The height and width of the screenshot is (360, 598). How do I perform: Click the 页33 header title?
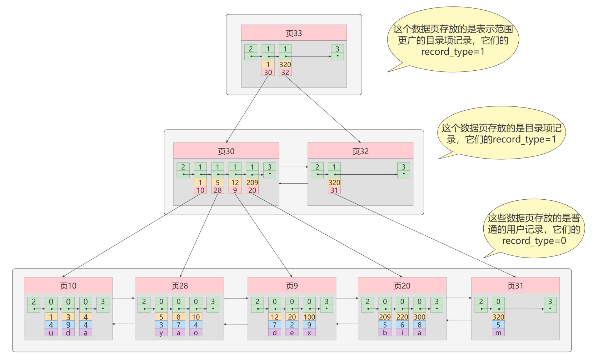294,33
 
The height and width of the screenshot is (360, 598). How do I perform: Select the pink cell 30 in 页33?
268,72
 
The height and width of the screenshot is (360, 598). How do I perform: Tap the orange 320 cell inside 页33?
285,64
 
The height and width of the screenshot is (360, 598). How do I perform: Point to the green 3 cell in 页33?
337,52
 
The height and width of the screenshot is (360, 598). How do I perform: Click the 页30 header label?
226,151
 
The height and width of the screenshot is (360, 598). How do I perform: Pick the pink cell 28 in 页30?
218,190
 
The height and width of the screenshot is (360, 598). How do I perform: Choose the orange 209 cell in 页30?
252,182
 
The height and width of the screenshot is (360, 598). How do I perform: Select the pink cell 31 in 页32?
334,190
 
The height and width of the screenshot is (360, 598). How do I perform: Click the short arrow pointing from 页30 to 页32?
293,167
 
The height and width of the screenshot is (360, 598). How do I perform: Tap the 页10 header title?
68,286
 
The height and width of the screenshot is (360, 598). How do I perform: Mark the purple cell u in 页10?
51,333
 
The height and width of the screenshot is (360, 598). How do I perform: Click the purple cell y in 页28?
161,333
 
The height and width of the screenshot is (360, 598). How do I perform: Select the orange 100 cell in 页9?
309,317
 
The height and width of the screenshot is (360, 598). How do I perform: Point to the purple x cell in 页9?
309,333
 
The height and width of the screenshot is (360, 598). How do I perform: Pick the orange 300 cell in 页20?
419,317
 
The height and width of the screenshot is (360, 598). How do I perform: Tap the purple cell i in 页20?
402,333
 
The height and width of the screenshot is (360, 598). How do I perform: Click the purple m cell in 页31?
498,333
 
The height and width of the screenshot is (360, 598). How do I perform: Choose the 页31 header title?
515,286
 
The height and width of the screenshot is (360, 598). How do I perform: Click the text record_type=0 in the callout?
534,241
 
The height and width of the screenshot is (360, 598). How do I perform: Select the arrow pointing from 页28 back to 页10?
124,324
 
